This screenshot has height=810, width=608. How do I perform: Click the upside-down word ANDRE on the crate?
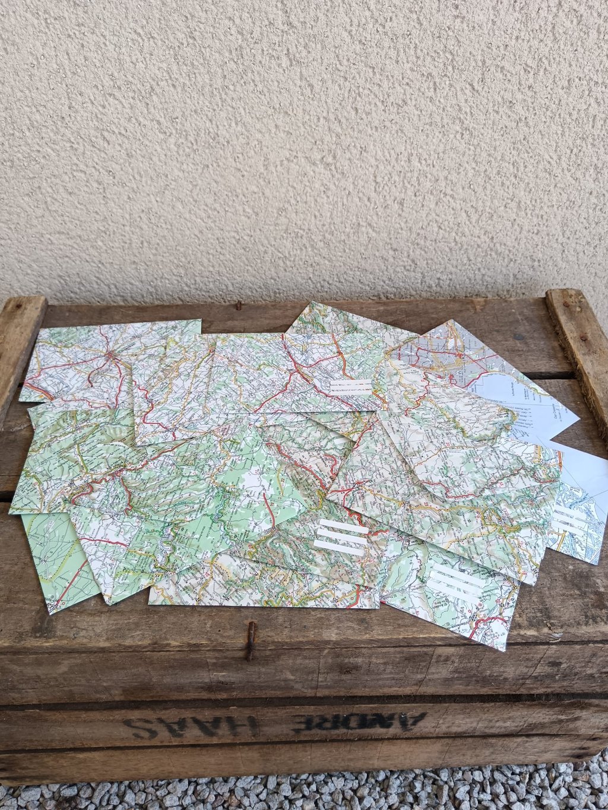pyautogui.click(x=360, y=722)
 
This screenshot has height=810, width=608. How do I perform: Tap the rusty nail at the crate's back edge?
pyautogui.click(x=239, y=305)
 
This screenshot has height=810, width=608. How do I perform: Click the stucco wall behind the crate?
pyautogui.click(x=297, y=148)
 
